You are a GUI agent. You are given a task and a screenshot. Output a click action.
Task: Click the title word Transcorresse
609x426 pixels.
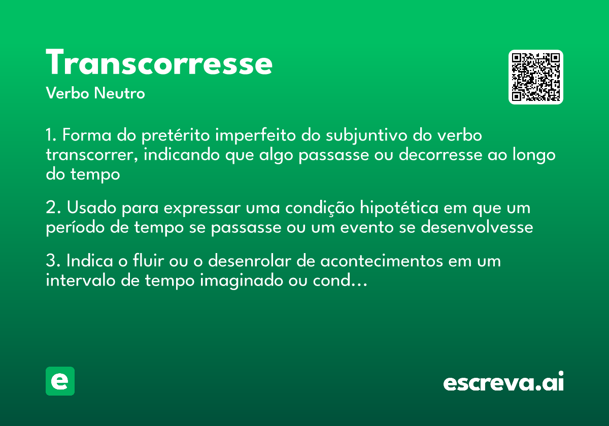tap(159, 63)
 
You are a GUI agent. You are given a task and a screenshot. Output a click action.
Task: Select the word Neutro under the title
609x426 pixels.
tap(119, 93)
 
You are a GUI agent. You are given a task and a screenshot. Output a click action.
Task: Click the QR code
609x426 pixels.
tap(536, 77)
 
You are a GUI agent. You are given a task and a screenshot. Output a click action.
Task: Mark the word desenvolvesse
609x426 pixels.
tap(477, 228)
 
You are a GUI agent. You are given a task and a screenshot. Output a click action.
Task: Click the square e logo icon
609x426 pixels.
tap(60, 381)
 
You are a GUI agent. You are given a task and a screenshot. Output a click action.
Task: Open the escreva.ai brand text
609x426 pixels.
tap(503, 383)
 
